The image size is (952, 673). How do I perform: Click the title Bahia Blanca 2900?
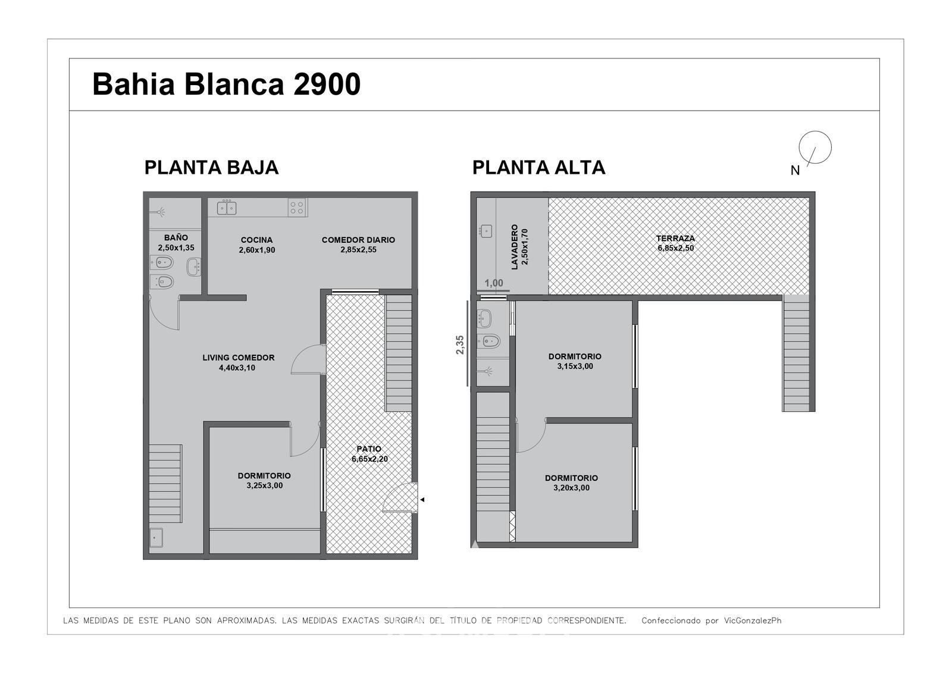coord(227,84)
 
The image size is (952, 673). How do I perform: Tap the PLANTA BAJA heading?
coord(211,167)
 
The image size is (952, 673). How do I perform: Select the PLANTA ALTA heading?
coord(538,167)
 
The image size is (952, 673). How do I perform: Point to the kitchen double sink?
coord(227,208)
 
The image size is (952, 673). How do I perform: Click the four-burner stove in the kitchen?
coord(297,208)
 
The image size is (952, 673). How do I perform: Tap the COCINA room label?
coord(256,240)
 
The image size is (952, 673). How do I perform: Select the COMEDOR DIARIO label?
coord(358,240)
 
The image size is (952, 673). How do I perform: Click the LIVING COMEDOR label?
coord(239,358)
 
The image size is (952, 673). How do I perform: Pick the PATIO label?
coord(369,449)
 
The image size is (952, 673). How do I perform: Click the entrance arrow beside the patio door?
coord(422,499)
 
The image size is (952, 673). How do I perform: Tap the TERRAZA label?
coord(675,239)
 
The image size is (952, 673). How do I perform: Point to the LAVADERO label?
coord(515,247)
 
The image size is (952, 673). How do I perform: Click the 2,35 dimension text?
coord(460,345)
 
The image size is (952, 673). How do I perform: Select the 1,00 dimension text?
coord(494,283)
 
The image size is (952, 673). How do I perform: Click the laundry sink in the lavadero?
coord(486,231)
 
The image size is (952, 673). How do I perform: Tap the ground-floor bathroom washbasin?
coord(194,267)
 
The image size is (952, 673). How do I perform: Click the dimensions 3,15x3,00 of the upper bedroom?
coord(575,367)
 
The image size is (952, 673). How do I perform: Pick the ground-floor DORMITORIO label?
coord(264,475)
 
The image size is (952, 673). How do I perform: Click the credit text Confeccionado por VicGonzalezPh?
coord(711,621)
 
